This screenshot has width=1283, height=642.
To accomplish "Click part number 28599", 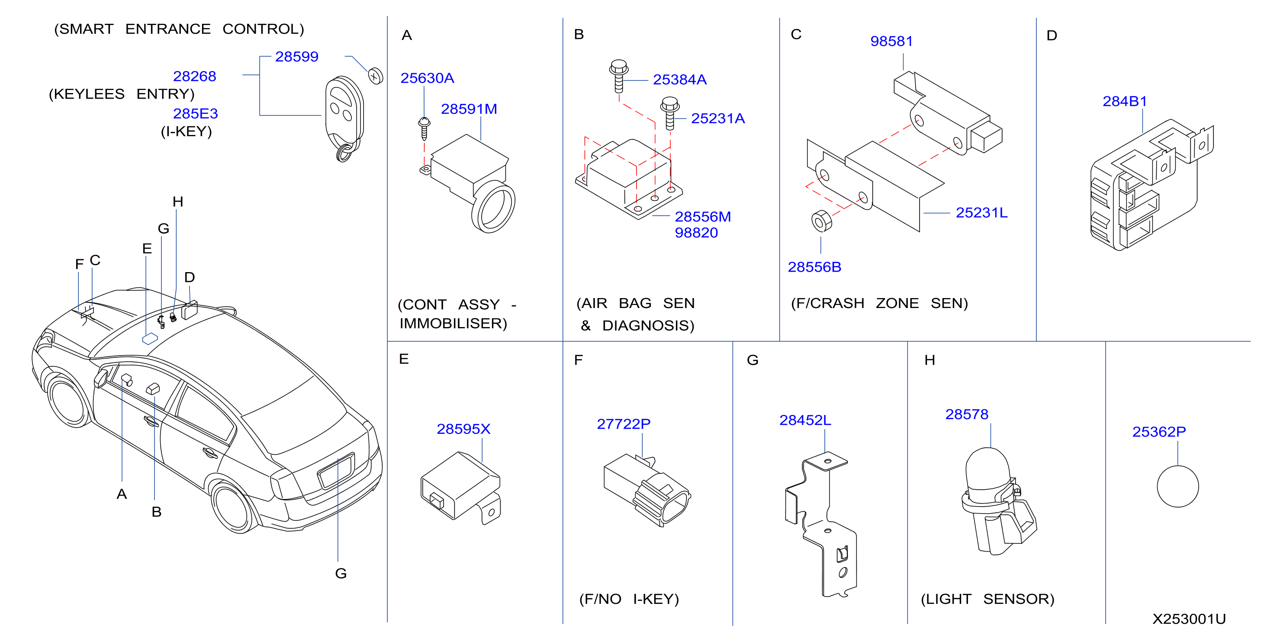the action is pos(296,57).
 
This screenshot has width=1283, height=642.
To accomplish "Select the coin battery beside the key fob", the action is pos(376,76).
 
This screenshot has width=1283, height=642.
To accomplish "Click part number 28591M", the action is pos(469,109).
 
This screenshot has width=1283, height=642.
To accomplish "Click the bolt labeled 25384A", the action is pos(619,76).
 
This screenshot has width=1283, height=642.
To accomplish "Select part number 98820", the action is pos(696,233).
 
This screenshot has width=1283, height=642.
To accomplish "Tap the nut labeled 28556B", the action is pos(821,221).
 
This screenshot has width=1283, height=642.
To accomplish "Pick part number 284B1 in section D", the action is pos(1125,102).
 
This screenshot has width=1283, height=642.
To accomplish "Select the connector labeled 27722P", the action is pos(647,490).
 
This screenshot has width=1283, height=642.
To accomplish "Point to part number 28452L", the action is pos(805,421).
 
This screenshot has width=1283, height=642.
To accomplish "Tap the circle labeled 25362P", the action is pos(1177,486).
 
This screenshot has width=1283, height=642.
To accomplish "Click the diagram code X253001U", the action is pos(1189,619).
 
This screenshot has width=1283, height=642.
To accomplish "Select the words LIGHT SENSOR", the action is pos(987,599).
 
